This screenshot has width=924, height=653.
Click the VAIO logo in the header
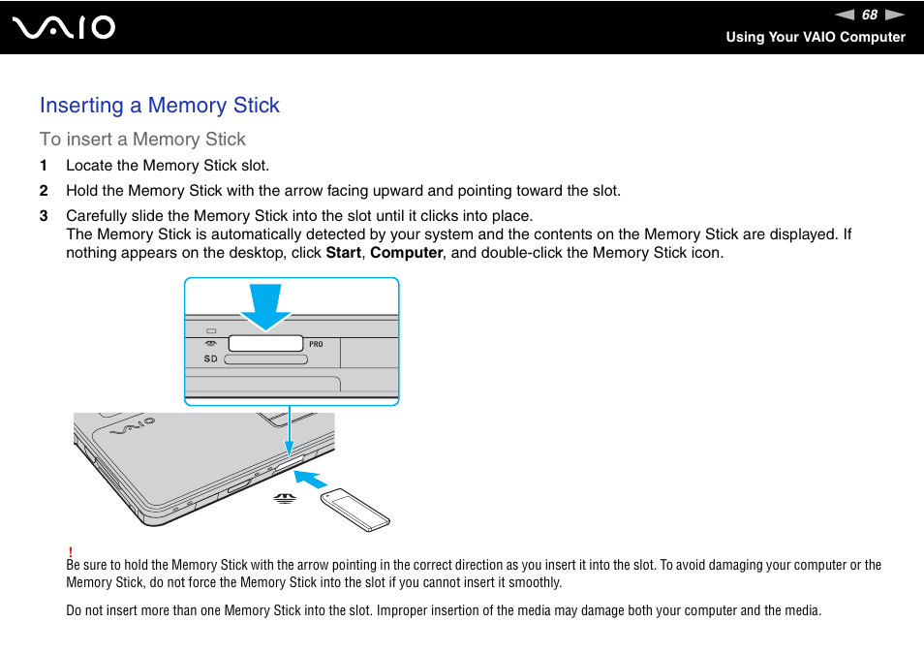(x=65, y=27)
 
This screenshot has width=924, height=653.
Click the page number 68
(x=870, y=15)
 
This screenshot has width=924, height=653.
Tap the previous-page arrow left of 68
(x=846, y=15)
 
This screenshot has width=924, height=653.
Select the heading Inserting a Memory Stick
(x=160, y=106)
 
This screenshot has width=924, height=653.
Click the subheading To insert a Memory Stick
(x=142, y=140)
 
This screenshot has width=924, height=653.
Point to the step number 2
(x=44, y=191)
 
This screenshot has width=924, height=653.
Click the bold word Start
(x=343, y=253)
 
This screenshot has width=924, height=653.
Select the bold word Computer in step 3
(x=406, y=253)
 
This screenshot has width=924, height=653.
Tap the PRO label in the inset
(x=316, y=344)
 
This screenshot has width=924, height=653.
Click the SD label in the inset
(x=210, y=358)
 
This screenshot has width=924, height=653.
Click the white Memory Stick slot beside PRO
(x=265, y=343)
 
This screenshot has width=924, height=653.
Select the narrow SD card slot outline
(x=265, y=358)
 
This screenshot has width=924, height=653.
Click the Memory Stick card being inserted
(x=355, y=511)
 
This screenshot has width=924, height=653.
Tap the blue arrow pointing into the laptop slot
(x=311, y=479)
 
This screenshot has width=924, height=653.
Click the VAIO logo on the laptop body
(x=133, y=426)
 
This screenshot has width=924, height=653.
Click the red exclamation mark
(x=70, y=550)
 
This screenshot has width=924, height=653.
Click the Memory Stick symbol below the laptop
(x=283, y=499)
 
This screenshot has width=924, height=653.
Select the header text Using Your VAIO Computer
(x=816, y=37)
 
